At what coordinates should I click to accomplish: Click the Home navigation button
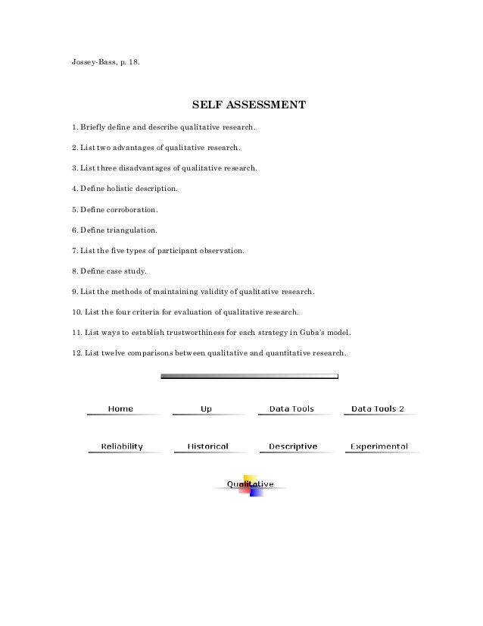click(120, 409)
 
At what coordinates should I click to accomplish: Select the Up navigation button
click(206, 409)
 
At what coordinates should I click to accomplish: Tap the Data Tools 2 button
click(378, 409)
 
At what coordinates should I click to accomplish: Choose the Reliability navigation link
click(122, 446)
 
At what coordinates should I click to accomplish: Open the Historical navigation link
click(207, 446)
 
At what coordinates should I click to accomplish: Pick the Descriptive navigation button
click(292, 446)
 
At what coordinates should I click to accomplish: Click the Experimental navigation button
click(379, 446)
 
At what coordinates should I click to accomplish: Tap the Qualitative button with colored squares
click(250, 485)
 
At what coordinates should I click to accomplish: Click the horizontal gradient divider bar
click(249, 376)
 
